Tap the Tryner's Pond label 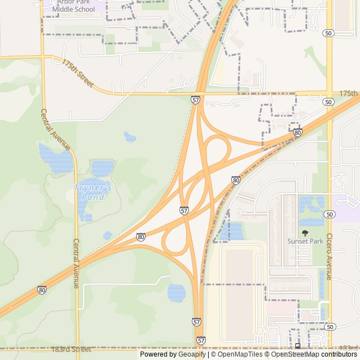click(x=93, y=192)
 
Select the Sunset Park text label click(x=305, y=241)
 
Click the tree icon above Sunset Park click(x=305, y=232)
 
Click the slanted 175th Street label click(x=78, y=73)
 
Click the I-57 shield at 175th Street click(x=195, y=100)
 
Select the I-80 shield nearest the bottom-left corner click(x=42, y=290)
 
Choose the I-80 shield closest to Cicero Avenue click(x=298, y=133)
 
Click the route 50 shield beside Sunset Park click(x=330, y=214)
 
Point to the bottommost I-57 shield click(x=201, y=340)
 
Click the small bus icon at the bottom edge click(x=298, y=345)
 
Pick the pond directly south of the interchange click(x=176, y=292)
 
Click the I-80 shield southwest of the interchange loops click(x=140, y=237)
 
